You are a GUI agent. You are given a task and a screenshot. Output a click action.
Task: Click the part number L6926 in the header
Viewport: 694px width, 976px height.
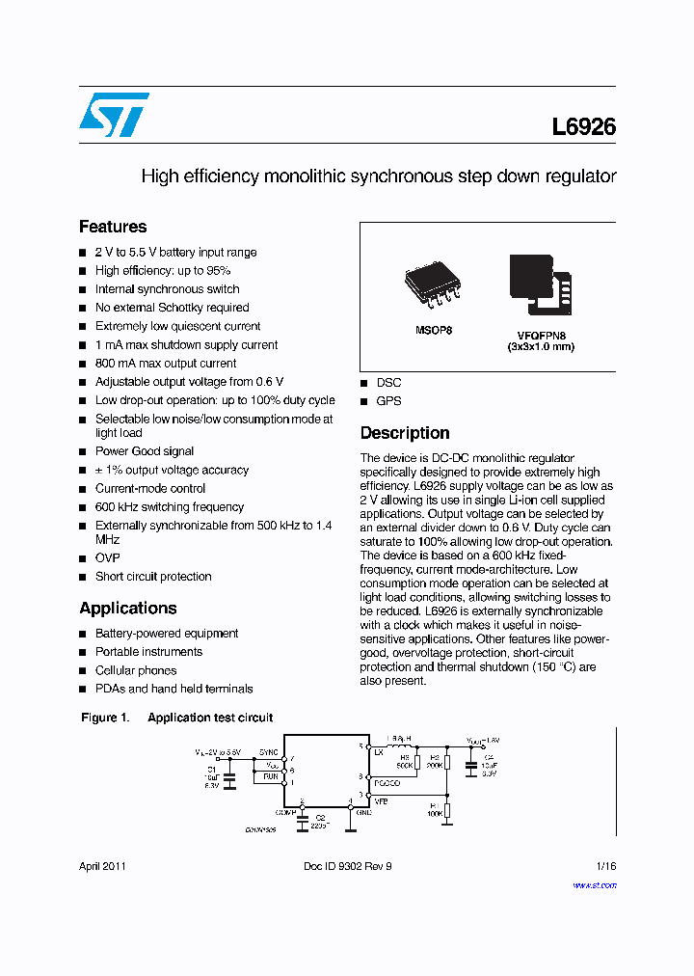(x=584, y=127)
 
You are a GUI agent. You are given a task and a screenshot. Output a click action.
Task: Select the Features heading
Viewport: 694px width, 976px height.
(x=113, y=227)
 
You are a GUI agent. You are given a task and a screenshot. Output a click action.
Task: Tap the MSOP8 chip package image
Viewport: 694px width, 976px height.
(x=429, y=285)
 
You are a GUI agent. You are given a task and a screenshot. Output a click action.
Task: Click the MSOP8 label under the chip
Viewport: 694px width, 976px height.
(x=434, y=330)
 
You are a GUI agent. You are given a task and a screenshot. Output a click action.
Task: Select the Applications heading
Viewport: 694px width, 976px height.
(x=128, y=609)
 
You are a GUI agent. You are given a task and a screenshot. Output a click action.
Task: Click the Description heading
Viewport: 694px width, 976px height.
(x=405, y=433)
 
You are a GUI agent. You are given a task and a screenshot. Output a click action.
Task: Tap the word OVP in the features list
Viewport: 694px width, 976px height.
(x=107, y=558)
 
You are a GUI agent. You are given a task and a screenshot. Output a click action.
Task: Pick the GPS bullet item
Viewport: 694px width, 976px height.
(x=388, y=401)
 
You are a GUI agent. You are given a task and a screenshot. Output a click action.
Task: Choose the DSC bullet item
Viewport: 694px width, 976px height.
(x=388, y=383)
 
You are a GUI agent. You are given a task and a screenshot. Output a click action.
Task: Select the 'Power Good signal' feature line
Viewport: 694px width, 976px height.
(x=145, y=451)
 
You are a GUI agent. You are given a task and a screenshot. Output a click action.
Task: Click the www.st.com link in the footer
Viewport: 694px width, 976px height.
(x=594, y=885)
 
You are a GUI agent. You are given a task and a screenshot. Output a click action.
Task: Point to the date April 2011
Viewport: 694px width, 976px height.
(x=102, y=866)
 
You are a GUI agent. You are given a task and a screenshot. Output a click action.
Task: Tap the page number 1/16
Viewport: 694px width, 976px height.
(x=604, y=866)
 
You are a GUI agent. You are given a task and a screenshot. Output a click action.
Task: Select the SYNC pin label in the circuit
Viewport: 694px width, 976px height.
(x=268, y=751)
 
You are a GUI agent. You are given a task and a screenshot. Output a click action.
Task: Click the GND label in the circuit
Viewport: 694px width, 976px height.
(x=363, y=812)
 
